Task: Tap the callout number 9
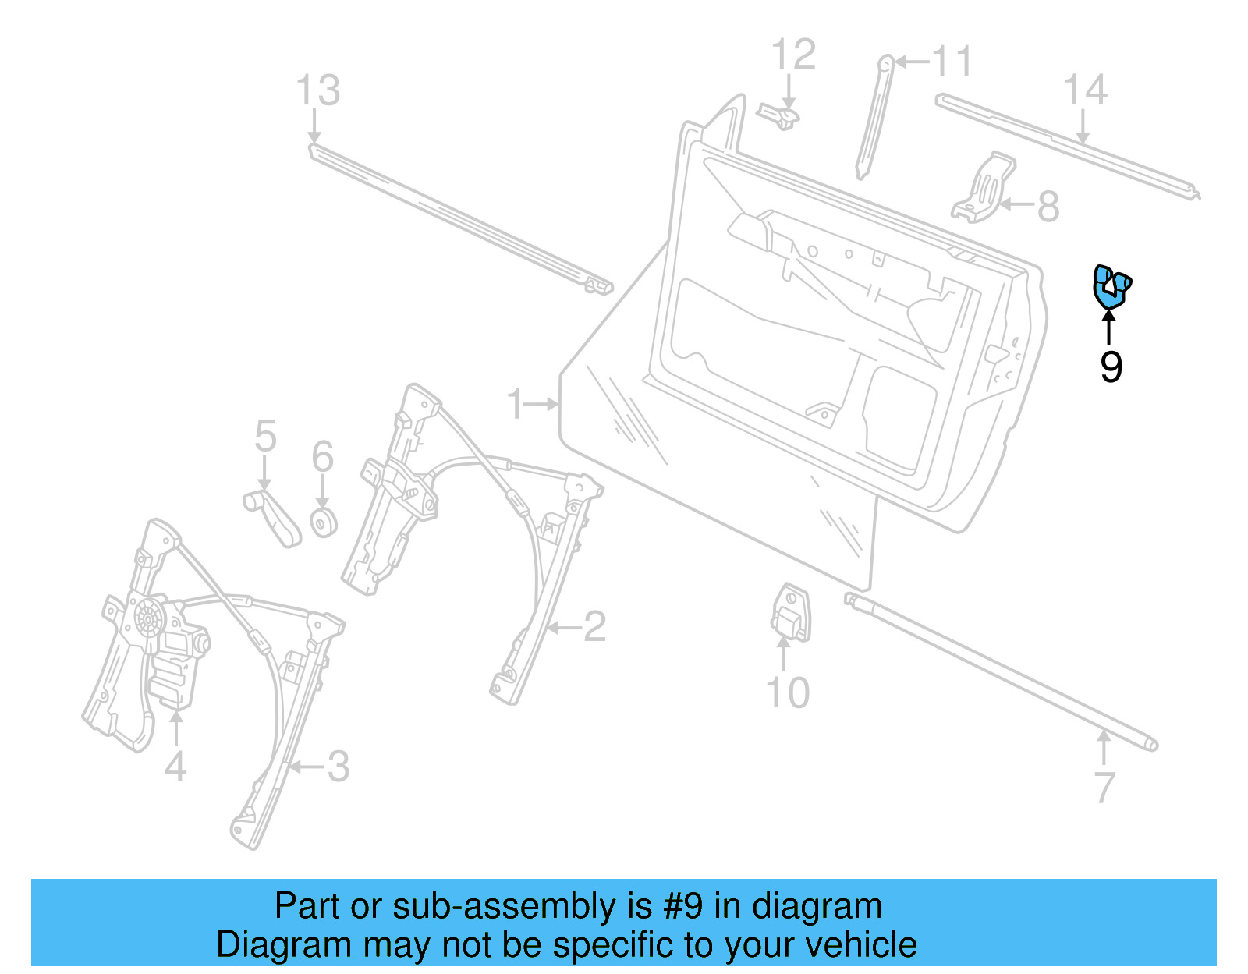1111,367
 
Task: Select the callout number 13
318,91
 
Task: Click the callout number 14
1085,90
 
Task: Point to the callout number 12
793,55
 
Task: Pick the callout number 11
952,61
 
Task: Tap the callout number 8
1048,206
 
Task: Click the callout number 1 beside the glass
515,404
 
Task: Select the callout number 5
265,436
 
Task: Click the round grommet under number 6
324,522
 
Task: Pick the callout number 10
788,692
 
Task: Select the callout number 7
1104,788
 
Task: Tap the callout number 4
175,767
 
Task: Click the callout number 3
338,767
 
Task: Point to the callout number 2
594,627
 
